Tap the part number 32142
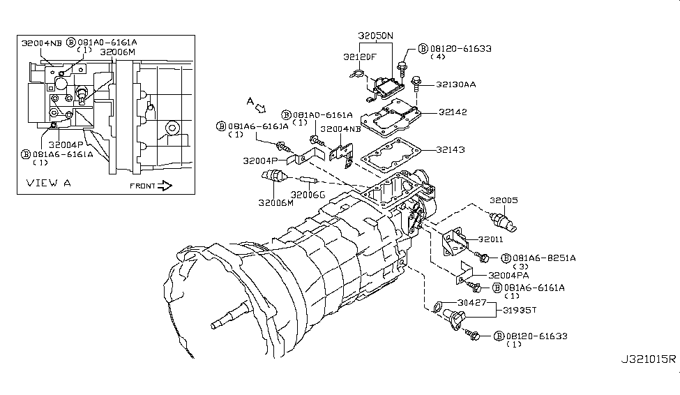pos(452,112)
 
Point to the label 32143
pos(452,149)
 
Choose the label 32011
pos(490,239)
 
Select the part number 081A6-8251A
pos(544,258)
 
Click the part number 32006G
pos(306,195)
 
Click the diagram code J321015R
pos(648,380)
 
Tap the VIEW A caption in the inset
pos(49,184)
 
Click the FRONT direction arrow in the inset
pos(165,186)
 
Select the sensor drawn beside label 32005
pos(504,221)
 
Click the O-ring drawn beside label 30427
pos(437,304)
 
